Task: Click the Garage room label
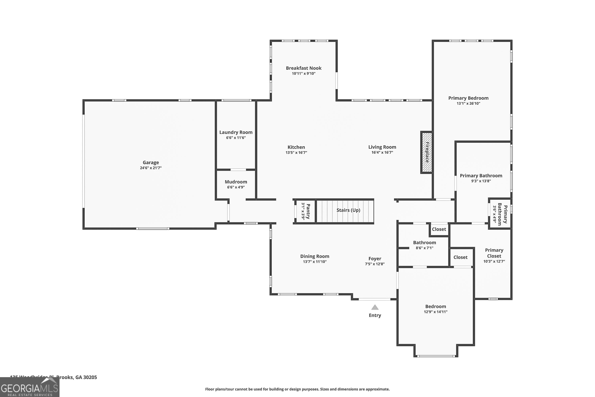pos(151,163)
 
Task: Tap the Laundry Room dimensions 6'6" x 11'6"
pos(236,138)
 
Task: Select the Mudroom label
pos(236,182)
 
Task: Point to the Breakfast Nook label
pos(304,68)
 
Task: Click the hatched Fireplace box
pos(427,152)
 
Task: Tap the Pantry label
pos(308,211)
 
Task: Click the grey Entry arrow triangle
pos(375,307)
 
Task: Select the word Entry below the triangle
pos(375,315)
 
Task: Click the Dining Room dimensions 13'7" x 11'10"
pos(315,262)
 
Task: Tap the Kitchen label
pos(296,147)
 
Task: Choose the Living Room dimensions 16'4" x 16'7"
pos(382,152)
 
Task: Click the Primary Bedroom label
pos(468,98)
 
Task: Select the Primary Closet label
pos(494,253)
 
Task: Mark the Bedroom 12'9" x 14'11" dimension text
pos(435,312)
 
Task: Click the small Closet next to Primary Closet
pos(460,257)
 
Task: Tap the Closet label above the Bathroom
pos(439,229)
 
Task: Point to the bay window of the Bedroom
pos(436,356)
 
